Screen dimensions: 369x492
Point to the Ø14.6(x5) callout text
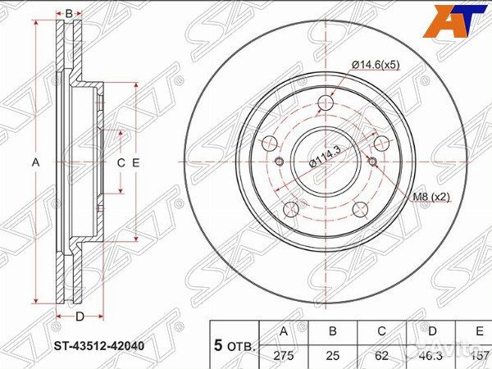click(x=376, y=65)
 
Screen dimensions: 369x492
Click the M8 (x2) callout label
click(x=429, y=196)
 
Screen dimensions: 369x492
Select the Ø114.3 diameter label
click(x=326, y=153)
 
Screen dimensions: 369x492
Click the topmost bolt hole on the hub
click(x=327, y=102)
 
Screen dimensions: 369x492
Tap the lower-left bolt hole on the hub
click(x=291, y=210)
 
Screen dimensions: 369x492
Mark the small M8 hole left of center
click(x=280, y=162)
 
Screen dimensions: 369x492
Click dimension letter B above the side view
click(x=69, y=13)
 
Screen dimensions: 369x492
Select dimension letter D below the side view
click(x=79, y=317)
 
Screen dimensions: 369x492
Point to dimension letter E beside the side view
click(x=135, y=162)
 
